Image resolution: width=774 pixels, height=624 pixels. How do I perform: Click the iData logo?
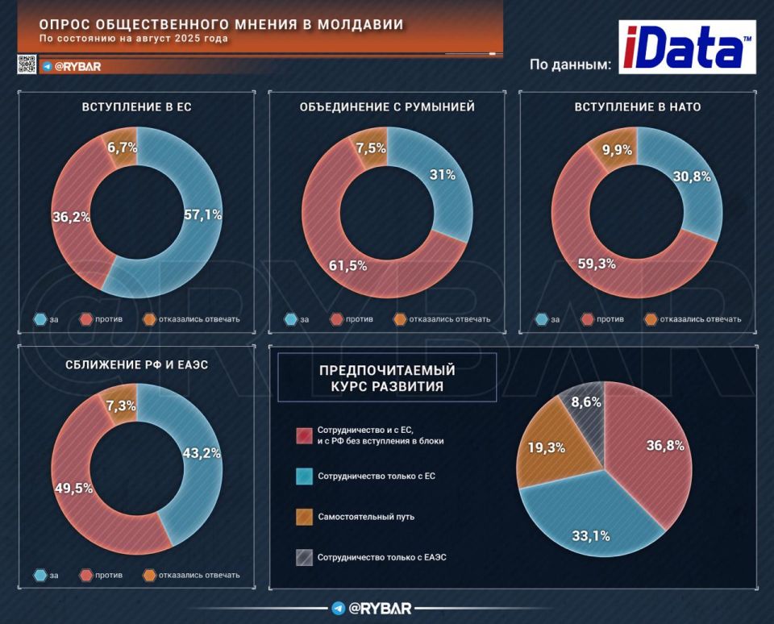pyautogui.click(x=687, y=47)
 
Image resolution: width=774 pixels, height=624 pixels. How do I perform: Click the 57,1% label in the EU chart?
pyautogui.click(x=202, y=214)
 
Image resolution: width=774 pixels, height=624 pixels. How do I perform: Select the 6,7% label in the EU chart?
pyautogui.click(x=122, y=147)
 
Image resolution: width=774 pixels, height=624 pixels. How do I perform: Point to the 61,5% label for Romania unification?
pyautogui.click(x=347, y=265)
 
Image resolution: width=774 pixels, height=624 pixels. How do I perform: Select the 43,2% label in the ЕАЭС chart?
pyautogui.click(x=202, y=454)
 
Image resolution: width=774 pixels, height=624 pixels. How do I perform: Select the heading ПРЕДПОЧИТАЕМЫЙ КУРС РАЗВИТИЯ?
pyautogui.click(x=387, y=377)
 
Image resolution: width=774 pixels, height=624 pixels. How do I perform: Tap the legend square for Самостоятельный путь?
pyautogui.click(x=305, y=516)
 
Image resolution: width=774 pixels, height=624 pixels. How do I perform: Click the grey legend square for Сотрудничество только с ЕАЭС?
pyautogui.click(x=305, y=556)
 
